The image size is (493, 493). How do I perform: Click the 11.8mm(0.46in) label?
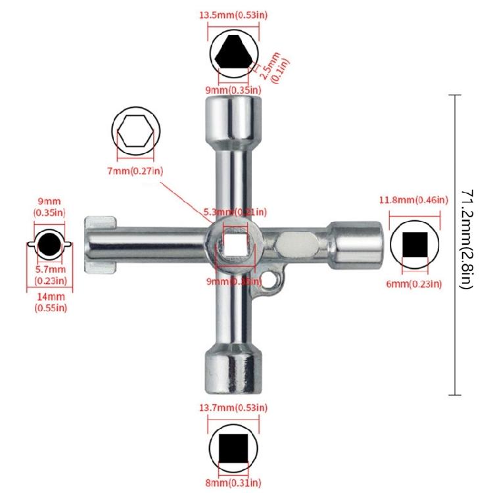(415, 199)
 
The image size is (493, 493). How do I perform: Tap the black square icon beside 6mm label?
(415, 245)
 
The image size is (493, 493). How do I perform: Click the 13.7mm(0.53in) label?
(234, 409)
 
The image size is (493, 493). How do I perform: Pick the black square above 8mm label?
(233, 448)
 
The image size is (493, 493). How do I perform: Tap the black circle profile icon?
(48, 245)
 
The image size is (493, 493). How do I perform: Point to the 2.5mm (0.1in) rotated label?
(276, 63)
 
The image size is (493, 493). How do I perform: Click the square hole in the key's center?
(233, 245)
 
